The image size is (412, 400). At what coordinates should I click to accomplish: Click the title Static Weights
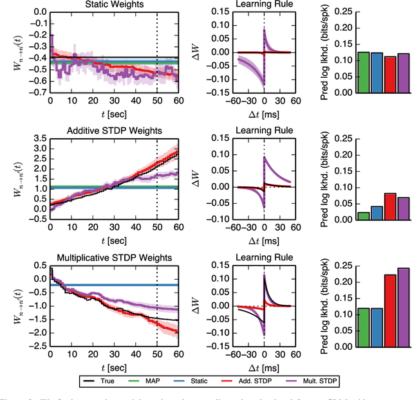113,5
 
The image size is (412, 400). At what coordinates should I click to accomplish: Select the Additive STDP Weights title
113,131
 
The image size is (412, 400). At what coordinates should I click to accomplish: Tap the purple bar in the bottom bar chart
404,298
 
